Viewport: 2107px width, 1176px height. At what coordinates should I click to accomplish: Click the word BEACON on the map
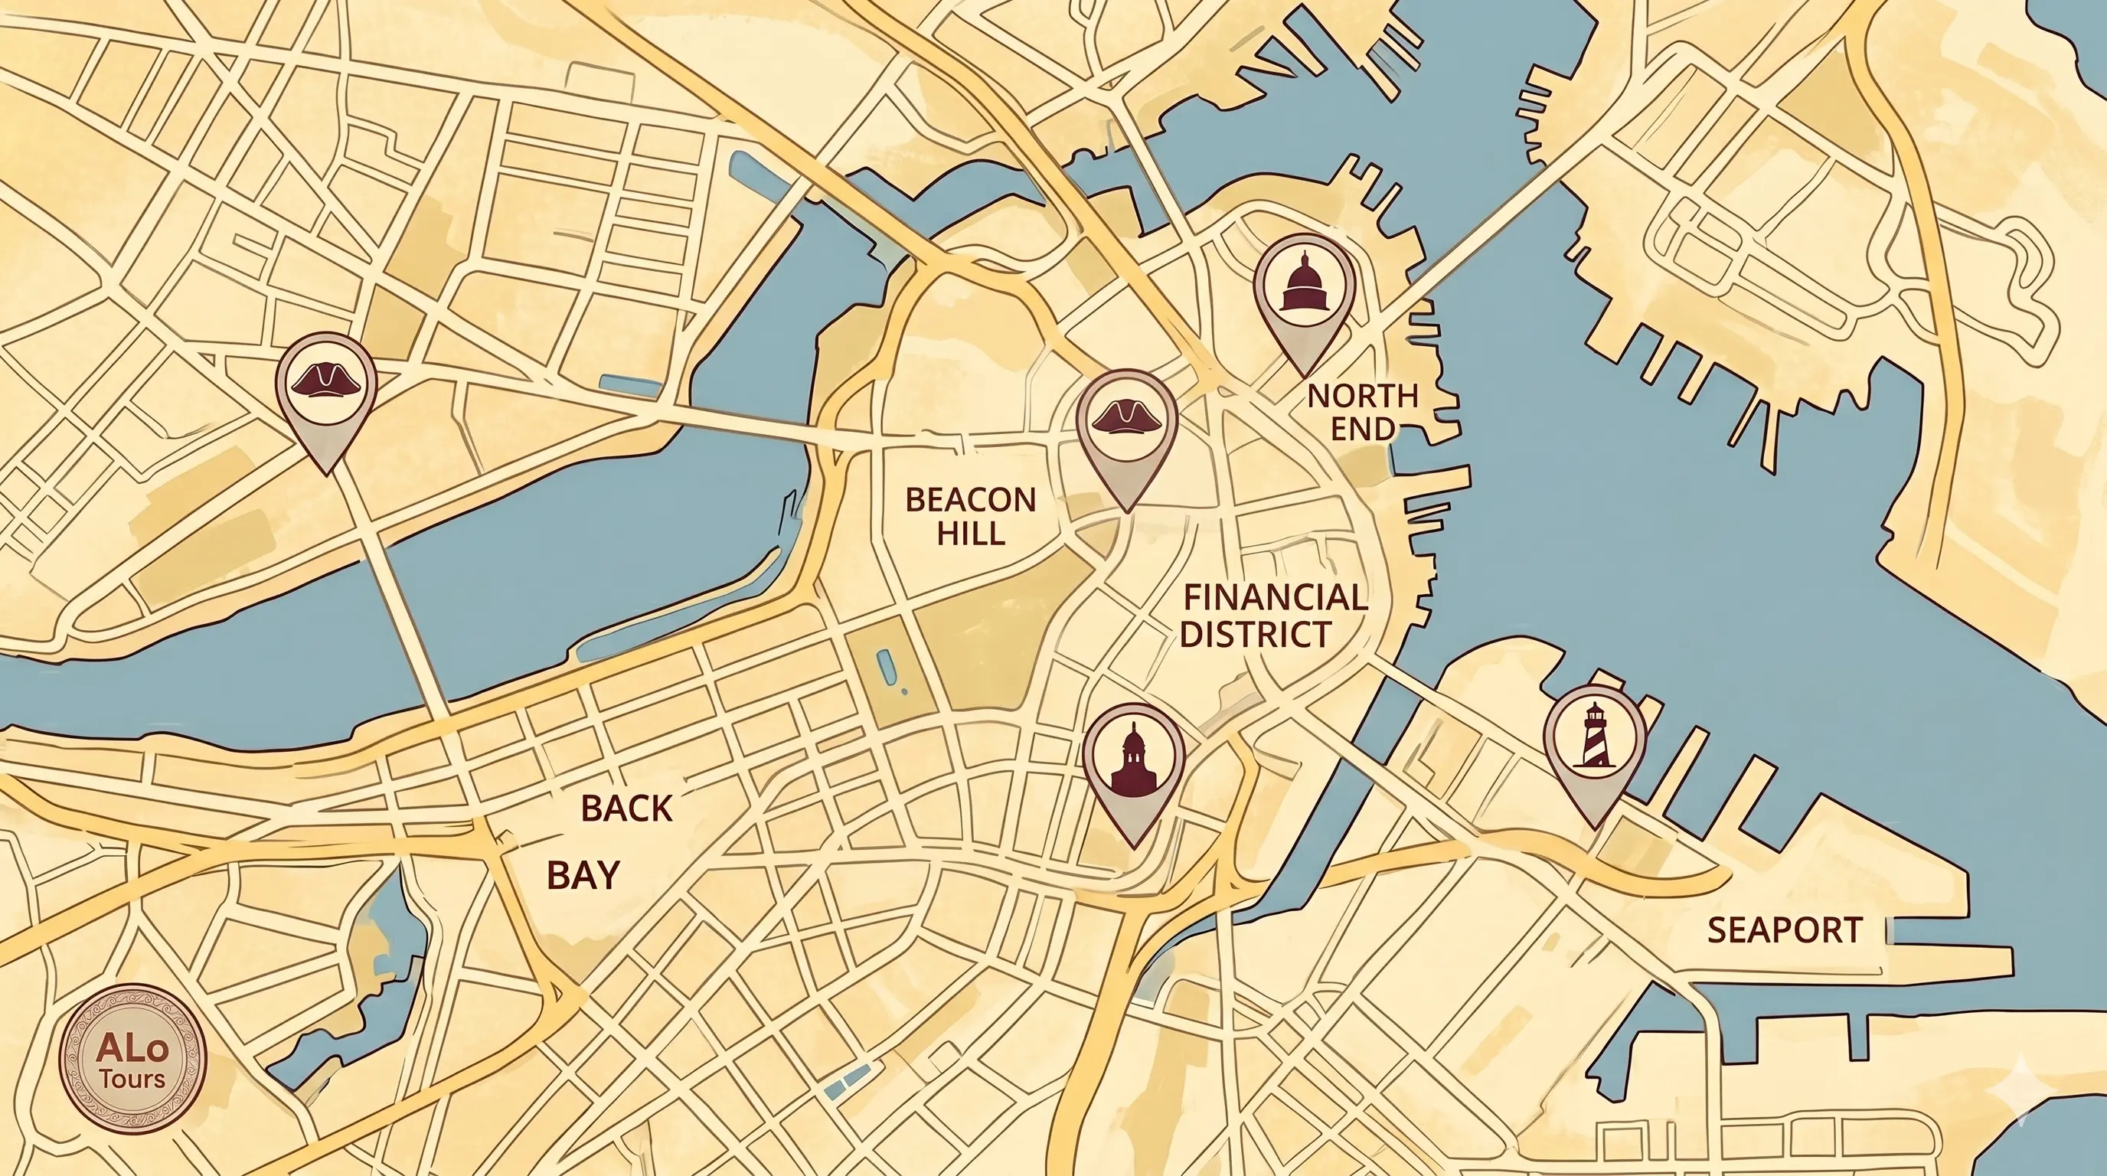(x=971, y=500)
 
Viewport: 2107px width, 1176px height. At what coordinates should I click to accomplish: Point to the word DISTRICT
(x=1256, y=635)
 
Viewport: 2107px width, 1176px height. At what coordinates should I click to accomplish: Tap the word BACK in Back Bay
(x=626, y=808)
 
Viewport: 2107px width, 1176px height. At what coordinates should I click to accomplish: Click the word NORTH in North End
(x=1363, y=397)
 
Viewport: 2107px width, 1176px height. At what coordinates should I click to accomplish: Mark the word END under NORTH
(x=1363, y=430)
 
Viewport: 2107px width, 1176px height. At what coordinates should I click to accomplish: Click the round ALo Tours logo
(x=133, y=1059)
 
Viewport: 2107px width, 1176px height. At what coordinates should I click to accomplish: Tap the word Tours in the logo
(x=133, y=1080)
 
